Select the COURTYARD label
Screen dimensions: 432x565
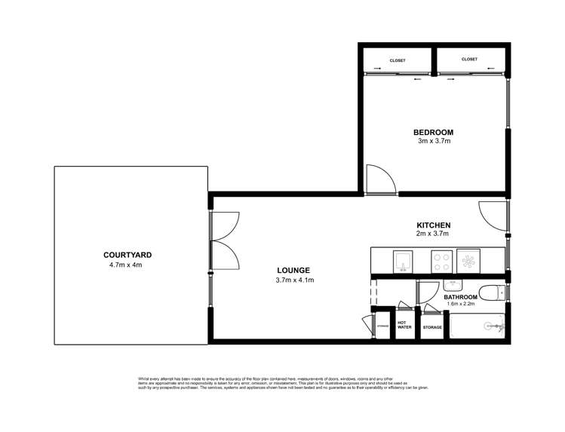click(124, 255)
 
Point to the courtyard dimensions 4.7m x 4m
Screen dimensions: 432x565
click(124, 264)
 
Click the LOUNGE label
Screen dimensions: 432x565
click(293, 271)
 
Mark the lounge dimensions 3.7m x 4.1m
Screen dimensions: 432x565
click(293, 280)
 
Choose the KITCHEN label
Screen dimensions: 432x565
click(434, 225)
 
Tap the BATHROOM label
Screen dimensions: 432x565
click(462, 298)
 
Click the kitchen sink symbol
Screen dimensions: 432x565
click(403, 261)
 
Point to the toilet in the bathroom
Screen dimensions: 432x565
click(493, 293)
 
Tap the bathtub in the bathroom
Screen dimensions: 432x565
click(477, 326)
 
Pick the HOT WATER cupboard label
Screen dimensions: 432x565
click(405, 325)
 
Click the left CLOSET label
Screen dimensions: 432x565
click(398, 60)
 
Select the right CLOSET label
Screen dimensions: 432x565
click(469, 59)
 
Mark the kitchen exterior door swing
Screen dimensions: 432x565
click(492, 216)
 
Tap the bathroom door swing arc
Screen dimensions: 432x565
click(428, 293)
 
